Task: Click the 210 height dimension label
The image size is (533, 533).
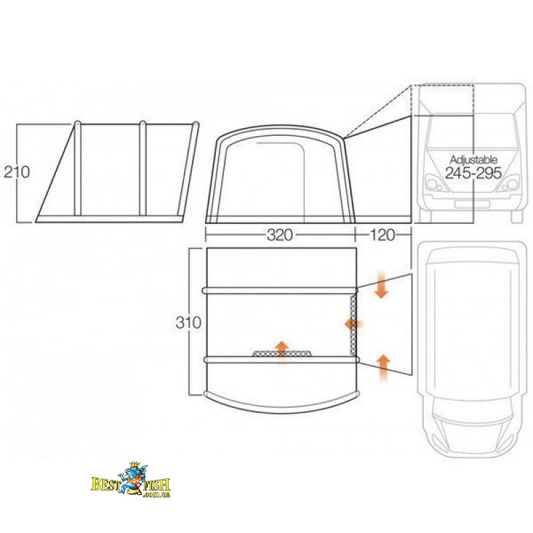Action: tap(17, 172)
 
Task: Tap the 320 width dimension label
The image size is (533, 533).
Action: tap(279, 235)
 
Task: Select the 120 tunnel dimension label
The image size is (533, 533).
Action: tap(382, 235)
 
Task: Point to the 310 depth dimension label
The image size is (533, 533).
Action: tap(189, 322)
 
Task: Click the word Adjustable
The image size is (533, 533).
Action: tap(473, 160)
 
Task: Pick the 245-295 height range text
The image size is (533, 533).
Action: tap(473, 173)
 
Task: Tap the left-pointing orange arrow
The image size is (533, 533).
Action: tap(354, 324)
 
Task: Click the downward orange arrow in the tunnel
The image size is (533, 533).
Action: tap(382, 284)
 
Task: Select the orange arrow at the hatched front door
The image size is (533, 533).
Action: tap(282, 352)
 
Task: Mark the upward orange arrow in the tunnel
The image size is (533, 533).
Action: tap(384, 368)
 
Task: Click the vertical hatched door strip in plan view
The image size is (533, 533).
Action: tap(354, 325)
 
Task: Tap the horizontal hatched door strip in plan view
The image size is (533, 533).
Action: tap(282, 354)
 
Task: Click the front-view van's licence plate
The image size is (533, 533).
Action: tap(472, 205)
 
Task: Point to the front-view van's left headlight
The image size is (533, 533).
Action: tap(434, 184)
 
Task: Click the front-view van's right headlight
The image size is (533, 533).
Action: tap(510, 184)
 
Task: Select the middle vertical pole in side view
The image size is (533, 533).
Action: tap(143, 169)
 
